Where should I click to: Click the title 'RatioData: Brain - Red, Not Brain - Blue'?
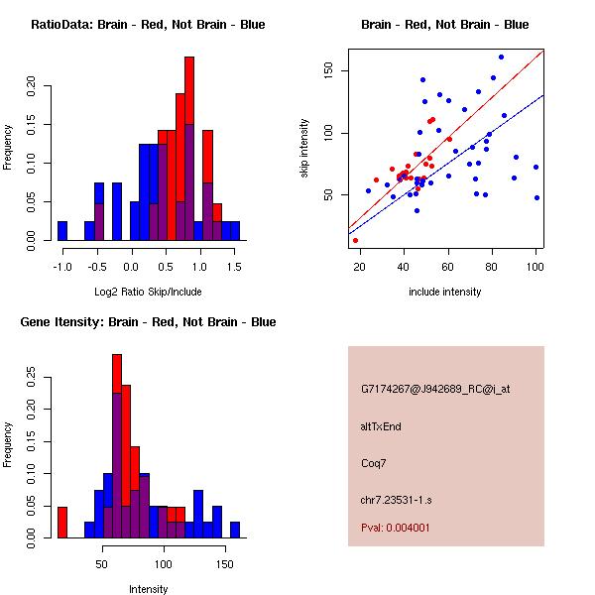click(148, 25)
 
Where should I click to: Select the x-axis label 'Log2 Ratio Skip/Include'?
click(148, 291)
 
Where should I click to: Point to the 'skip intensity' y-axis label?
click(304, 149)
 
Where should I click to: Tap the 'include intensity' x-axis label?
click(445, 292)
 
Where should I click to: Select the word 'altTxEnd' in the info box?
click(381, 426)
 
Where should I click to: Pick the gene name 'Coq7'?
click(374, 462)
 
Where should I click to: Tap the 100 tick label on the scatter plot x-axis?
click(535, 266)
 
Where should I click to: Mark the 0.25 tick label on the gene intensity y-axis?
click(34, 377)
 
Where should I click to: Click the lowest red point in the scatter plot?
click(355, 240)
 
